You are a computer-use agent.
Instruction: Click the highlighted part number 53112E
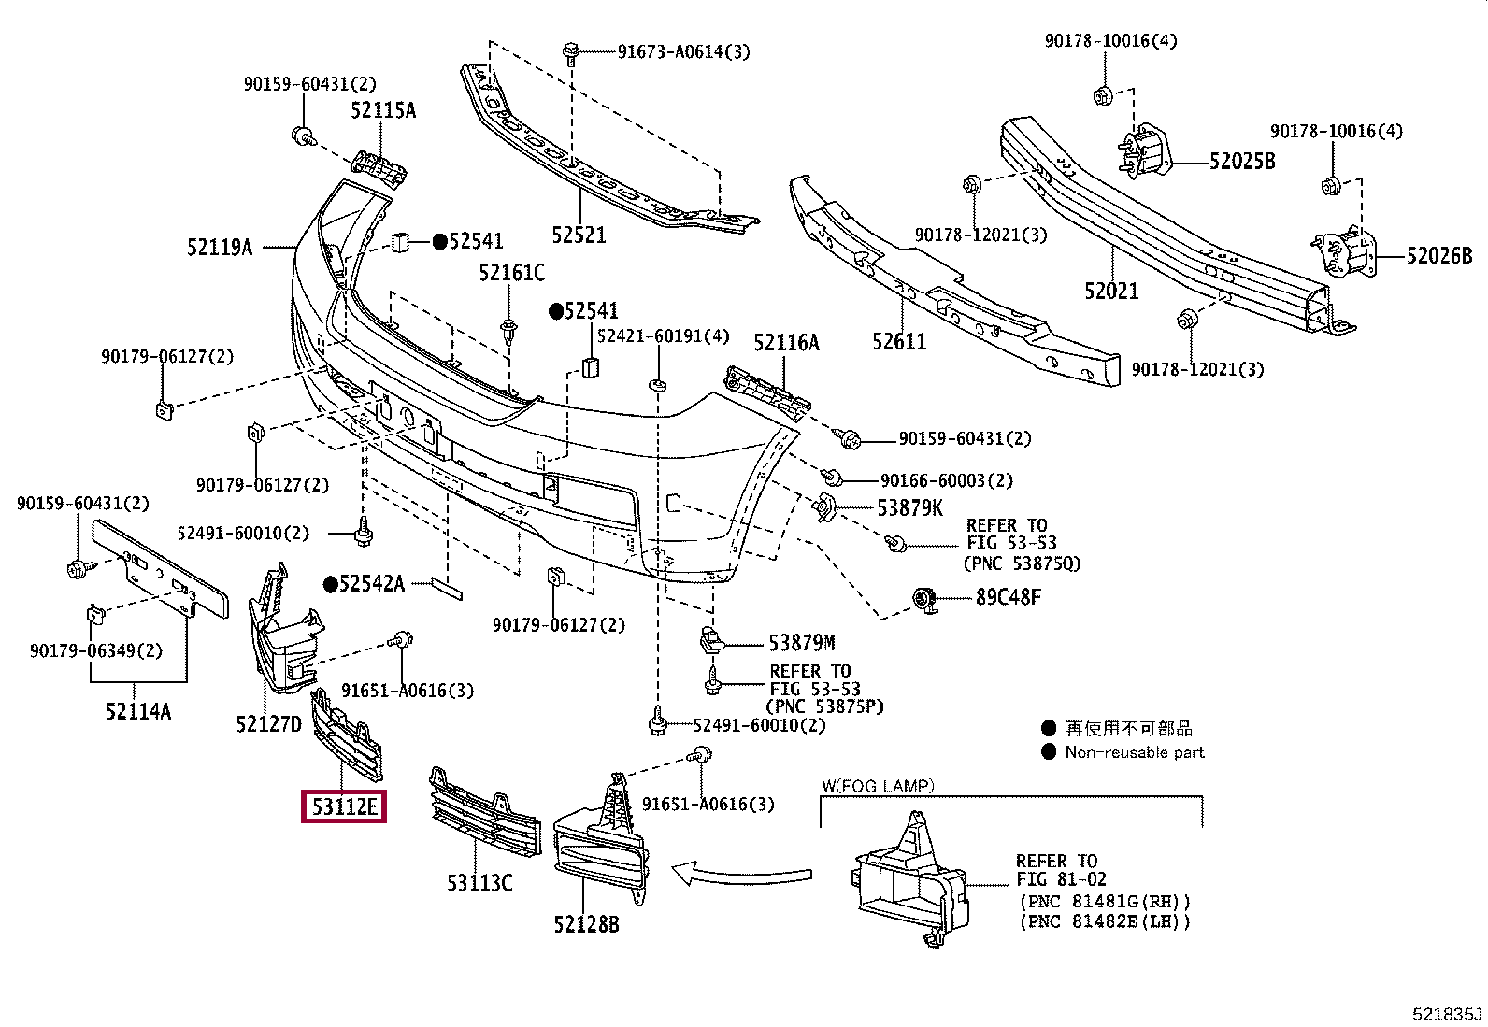(x=344, y=806)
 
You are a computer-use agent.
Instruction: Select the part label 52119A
(x=220, y=247)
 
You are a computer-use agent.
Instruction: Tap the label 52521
(x=579, y=234)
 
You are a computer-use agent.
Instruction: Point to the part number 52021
(x=1111, y=291)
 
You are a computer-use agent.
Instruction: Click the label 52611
(x=899, y=341)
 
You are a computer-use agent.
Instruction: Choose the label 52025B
(x=1242, y=161)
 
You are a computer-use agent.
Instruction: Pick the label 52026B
(x=1439, y=254)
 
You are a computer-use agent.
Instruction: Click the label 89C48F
(x=1008, y=596)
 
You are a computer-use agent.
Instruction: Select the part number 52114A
(x=138, y=711)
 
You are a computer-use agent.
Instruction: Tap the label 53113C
(x=479, y=882)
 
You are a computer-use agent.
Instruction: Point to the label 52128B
(x=586, y=924)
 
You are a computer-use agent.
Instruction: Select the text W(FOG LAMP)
(x=878, y=786)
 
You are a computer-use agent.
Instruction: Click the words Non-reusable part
(x=1135, y=752)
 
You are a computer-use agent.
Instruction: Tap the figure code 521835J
(x=1448, y=1014)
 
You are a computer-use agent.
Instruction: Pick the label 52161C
(x=511, y=273)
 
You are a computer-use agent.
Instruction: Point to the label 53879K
(x=909, y=507)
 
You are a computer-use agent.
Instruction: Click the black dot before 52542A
(x=330, y=585)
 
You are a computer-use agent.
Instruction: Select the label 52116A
(x=786, y=343)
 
